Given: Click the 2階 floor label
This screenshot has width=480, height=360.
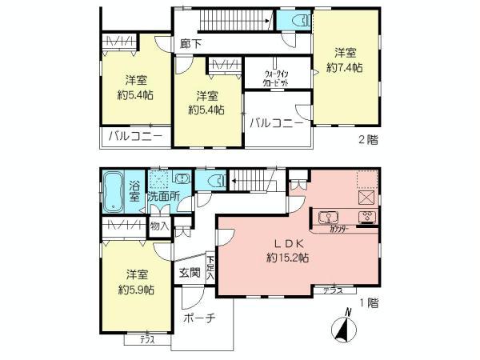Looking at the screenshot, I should click(369, 139).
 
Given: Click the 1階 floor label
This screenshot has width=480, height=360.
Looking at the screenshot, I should click(369, 303).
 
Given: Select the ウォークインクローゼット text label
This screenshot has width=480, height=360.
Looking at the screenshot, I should click(275, 78).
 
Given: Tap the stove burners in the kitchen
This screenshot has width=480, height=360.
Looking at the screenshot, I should click(367, 217).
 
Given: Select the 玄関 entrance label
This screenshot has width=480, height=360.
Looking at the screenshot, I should click(189, 273).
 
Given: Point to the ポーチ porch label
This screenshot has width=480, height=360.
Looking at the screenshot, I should click(199, 318).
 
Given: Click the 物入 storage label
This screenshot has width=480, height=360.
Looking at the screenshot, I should click(160, 226).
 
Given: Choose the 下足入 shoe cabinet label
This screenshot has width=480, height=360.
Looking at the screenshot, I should click(210, 268).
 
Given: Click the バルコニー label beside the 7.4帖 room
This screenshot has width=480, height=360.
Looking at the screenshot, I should click(276, 123).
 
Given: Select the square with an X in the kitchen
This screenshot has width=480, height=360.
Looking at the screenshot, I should click(367, 198).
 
